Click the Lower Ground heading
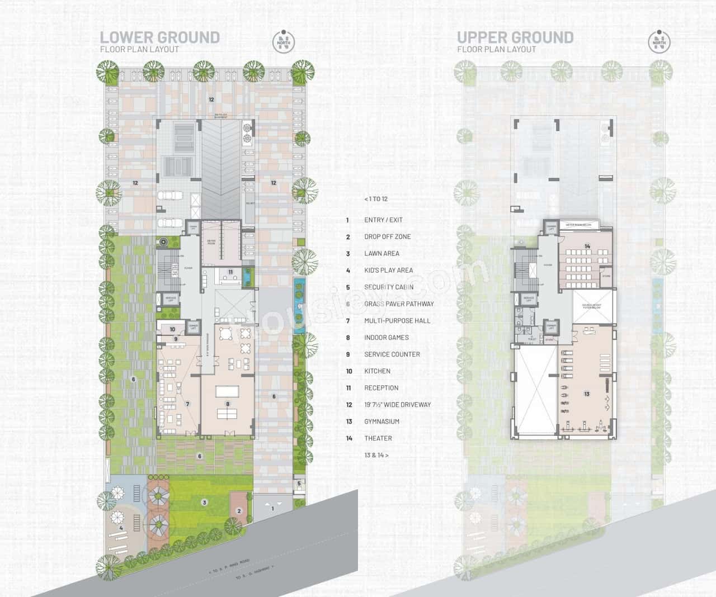(x=159, y=37)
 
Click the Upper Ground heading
(x=515, y=37)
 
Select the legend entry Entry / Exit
(x=383, y=220)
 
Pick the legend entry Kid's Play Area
(x=388, y=270)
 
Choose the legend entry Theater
(x=378, y=438)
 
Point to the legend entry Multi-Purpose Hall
(x=397, y=320)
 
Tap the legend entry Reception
(x=381, y=388)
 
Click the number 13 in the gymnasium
(x=586, y=394)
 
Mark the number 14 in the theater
(x=587, y=247)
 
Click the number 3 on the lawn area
(x=205, y=503)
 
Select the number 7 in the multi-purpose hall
(x=188, y=404)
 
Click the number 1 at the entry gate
(x=273, y=508)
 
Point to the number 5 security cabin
(x=299, y=484)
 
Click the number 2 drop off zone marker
(x=239, y=510)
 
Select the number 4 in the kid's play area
(x=121, y=527)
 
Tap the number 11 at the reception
(x=230, y=272)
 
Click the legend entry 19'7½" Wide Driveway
(x=397, y=405)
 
